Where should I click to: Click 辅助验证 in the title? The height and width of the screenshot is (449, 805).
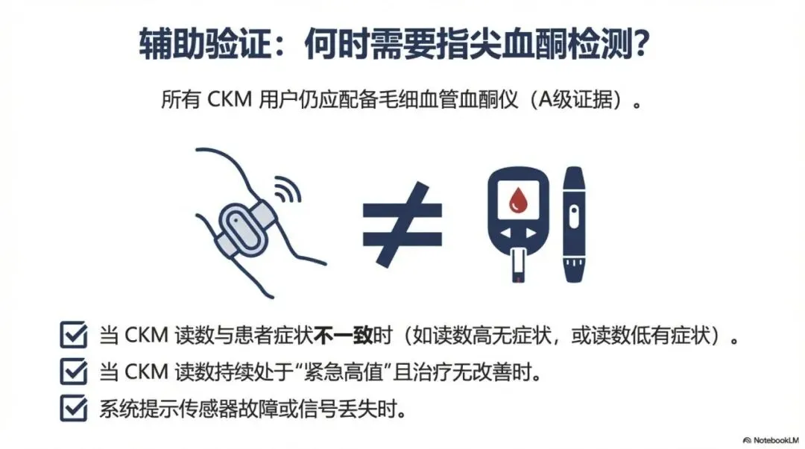click(205, 44)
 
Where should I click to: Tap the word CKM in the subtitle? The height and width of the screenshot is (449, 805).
click(230, 100)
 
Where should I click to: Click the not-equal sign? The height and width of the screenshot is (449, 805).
click(402, 224)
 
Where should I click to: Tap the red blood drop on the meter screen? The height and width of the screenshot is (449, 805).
click(518, 200)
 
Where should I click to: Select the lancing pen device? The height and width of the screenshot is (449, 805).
click(574, 224)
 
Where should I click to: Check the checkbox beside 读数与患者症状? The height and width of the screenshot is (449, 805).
click(73, 335)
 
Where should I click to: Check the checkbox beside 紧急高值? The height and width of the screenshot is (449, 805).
click(73, 371)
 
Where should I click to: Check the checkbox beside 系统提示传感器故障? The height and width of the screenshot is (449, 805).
click(73, 408)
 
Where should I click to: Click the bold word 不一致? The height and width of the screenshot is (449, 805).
click(343, 336)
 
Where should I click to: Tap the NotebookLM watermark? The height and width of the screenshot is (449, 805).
click(771, 440)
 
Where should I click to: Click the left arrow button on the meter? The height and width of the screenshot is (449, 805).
click(506, 233)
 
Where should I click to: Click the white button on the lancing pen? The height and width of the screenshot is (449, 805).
click(574, 217)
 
